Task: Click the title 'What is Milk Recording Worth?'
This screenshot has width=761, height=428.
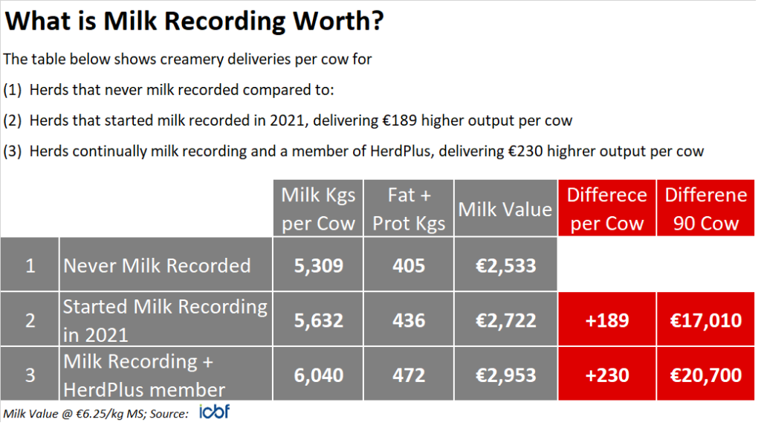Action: [x=195, y=21]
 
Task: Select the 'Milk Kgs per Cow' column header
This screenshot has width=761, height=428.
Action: [x=318, y=209]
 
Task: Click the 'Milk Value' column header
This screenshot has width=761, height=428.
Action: [x=505, y=209]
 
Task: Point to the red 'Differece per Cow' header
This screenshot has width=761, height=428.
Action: [x=606, y=209]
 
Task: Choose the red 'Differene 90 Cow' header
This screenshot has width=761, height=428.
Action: [x=705, y=209]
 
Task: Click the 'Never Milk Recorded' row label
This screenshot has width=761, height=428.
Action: [x=157, y=265]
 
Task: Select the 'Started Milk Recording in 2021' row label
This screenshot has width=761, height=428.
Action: [x=164, y=320]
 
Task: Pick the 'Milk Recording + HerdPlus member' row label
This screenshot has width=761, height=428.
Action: [x=144, y=375]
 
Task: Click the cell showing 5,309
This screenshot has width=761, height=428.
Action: [x=318, y=265]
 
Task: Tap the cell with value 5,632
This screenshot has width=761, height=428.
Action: [x=318, y=320]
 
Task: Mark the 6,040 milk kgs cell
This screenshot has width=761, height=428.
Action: [x=318, y=375]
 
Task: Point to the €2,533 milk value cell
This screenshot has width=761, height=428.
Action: [x=505, y=265]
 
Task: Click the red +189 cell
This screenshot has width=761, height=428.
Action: [x=606, y=320]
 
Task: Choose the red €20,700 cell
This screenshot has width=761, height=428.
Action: [x=705, y=375]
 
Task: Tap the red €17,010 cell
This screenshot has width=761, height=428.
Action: [x=705, y=320]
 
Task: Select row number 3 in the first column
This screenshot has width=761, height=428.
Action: [x=30, y=375]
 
